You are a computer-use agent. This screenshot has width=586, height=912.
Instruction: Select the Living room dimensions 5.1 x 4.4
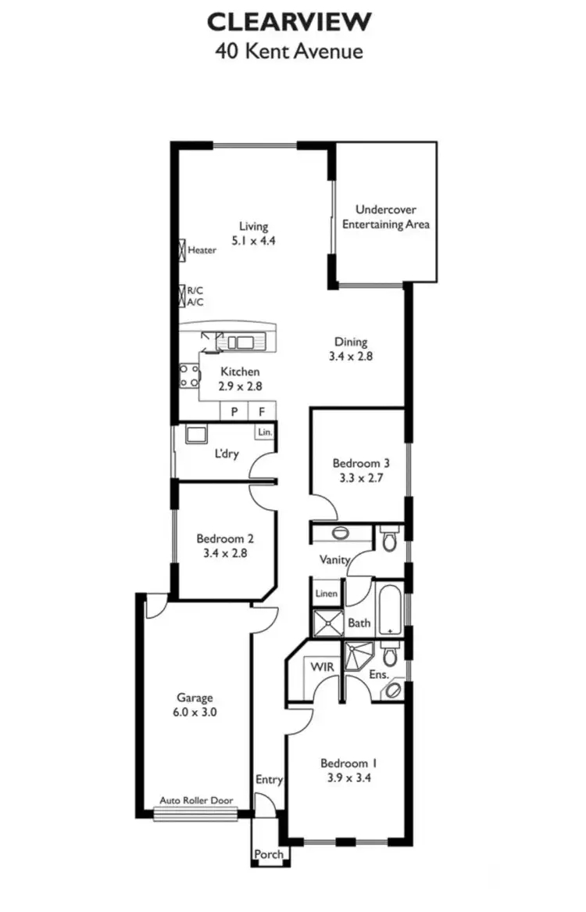click(253, 241)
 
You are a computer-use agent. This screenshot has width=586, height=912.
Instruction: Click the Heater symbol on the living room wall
click(183, 250)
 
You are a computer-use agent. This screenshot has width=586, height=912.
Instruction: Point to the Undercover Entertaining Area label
click(385, 217)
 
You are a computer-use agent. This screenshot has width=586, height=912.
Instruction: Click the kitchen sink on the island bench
click(241, 341)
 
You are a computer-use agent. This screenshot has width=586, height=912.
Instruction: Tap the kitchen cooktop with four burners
click(188, 376)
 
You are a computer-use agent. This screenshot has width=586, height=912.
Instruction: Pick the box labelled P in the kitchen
click(233, 411)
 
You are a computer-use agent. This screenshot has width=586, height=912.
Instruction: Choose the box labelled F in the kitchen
click(262, 411)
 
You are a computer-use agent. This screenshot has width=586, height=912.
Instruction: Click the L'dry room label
click(227, 454)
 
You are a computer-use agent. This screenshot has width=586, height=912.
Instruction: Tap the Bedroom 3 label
click(360, 462)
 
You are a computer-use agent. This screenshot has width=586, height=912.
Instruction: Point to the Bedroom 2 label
click(224, 539)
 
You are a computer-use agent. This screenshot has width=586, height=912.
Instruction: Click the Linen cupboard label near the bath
click(327, 594)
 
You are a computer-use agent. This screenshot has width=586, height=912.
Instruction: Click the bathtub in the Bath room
click(388, 607)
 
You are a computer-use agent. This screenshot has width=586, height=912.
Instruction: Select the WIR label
click(323, 667)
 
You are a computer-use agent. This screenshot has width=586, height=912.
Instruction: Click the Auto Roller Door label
click(195, 801)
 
